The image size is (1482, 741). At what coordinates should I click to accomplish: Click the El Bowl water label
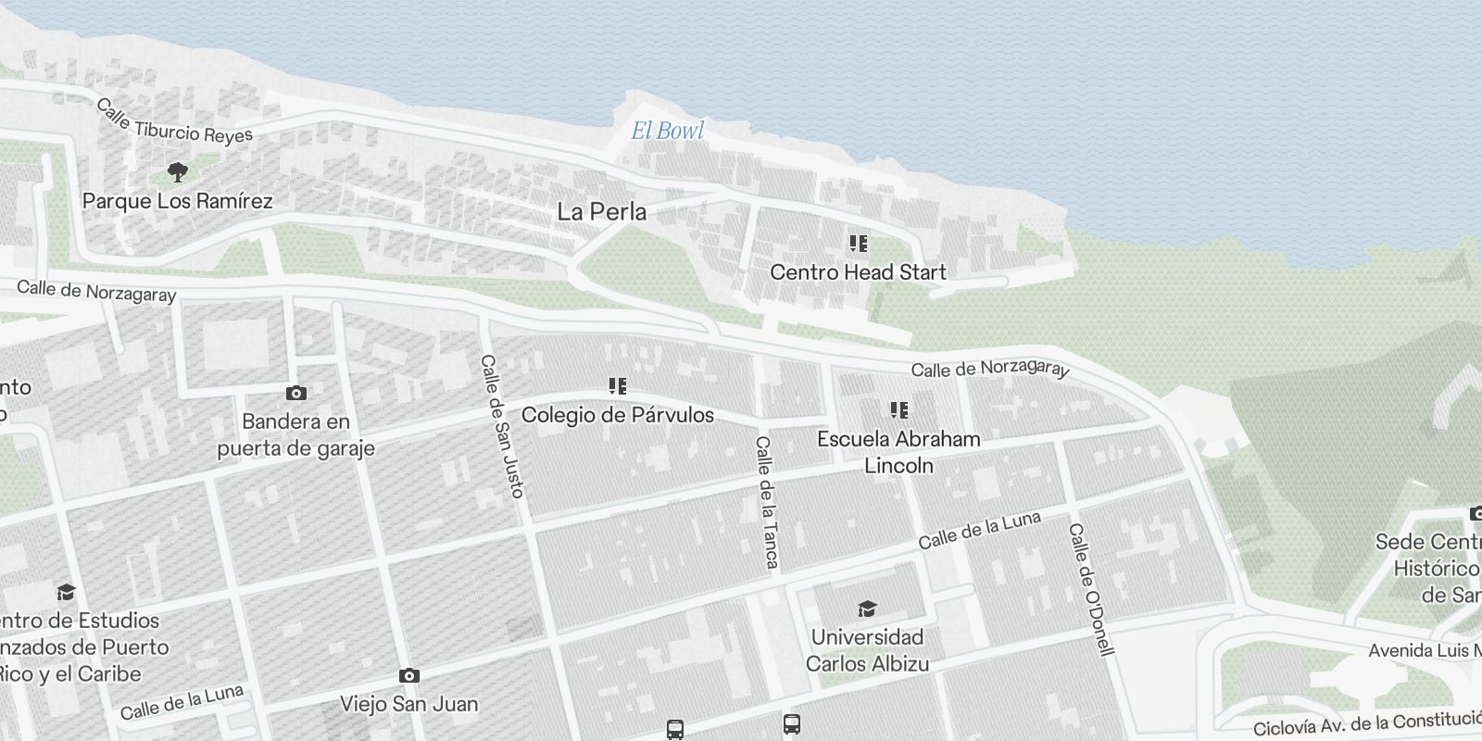coord(667,131)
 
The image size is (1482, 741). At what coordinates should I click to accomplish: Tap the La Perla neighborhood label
coord(601,212)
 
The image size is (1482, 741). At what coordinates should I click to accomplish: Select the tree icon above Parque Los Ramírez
coord(177,171)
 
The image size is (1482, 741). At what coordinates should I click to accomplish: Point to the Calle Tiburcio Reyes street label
coord(174,122)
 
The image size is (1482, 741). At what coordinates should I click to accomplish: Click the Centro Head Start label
coord(858,272)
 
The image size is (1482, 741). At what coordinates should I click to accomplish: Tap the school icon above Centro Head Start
coord(859,244)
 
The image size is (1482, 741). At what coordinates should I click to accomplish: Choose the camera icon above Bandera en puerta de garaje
coord(296,394)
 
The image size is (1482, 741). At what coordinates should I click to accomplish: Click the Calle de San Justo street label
coord(503,426)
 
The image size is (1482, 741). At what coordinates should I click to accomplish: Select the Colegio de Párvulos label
coord(617,414)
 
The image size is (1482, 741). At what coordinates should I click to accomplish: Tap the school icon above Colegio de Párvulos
coord(618,385)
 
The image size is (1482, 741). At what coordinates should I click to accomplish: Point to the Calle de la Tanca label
coord(767,501)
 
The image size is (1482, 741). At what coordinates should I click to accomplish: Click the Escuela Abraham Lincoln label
coord(898,452)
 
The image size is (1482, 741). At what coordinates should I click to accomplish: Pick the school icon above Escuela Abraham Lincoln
coord(898,409)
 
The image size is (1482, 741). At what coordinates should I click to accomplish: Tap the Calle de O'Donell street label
coord(1090,589)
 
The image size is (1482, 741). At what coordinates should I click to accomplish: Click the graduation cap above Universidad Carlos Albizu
coord(867,609)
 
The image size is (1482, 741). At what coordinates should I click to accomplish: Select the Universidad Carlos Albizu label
coord(867,650)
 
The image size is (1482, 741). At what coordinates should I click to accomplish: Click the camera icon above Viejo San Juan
coord(408,676)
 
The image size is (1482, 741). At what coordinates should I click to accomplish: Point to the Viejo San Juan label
coord(408,704)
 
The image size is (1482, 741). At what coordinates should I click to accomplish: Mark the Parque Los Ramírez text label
coord(177,201)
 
